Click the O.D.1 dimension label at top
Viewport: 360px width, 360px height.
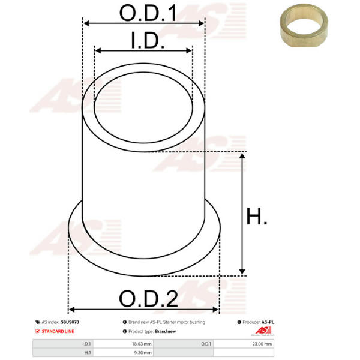click(148, 13)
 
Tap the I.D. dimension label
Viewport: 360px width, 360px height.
click(148, 40)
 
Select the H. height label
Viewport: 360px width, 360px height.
click(256, 216)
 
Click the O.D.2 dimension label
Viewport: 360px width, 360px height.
click(149, 298)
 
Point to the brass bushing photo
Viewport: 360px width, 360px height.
click(304, 25)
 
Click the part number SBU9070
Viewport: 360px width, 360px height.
click(70, 322)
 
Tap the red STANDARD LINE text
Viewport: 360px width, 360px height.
click(58, 331)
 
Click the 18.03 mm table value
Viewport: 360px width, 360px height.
click(142, 344)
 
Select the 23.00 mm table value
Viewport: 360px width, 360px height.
click(262, 344)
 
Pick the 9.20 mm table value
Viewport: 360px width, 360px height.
click(143, 352)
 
